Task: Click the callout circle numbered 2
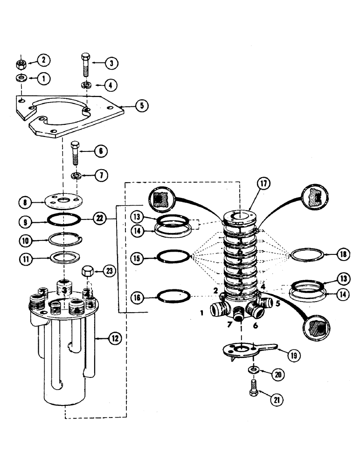coord(45,60)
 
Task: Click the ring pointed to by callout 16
coord(173,295)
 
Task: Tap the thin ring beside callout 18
coord(306,255)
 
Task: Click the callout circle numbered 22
coord(99,218)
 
